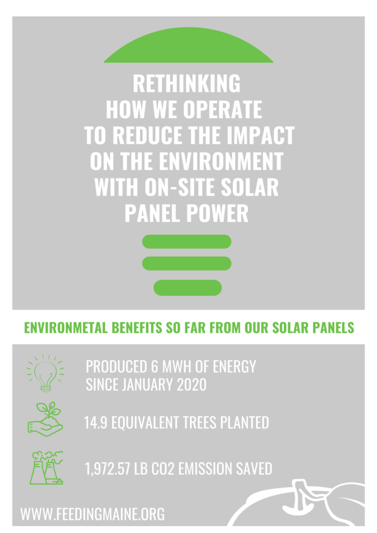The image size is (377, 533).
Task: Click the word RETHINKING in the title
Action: tap(186, 83)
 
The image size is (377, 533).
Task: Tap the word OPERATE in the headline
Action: tap(223, 109)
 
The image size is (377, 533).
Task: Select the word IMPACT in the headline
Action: tap(260, 135)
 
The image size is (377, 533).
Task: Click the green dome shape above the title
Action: tap(188, 45)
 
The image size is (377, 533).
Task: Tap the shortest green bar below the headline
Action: tap(187, 287)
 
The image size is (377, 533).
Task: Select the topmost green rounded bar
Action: tap(186, 242)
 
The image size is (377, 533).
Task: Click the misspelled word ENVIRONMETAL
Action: tap(66, 328)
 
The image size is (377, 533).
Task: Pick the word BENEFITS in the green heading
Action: tap(137, 328)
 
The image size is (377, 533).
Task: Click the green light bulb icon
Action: tap(45, 373)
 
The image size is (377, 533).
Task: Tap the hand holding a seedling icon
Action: tap(45, 419)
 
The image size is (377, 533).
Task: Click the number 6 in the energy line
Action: tap(154, 367)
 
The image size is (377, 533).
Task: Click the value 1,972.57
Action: tap(107, 469)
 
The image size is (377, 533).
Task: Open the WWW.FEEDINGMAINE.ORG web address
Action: tap(93, 514)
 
